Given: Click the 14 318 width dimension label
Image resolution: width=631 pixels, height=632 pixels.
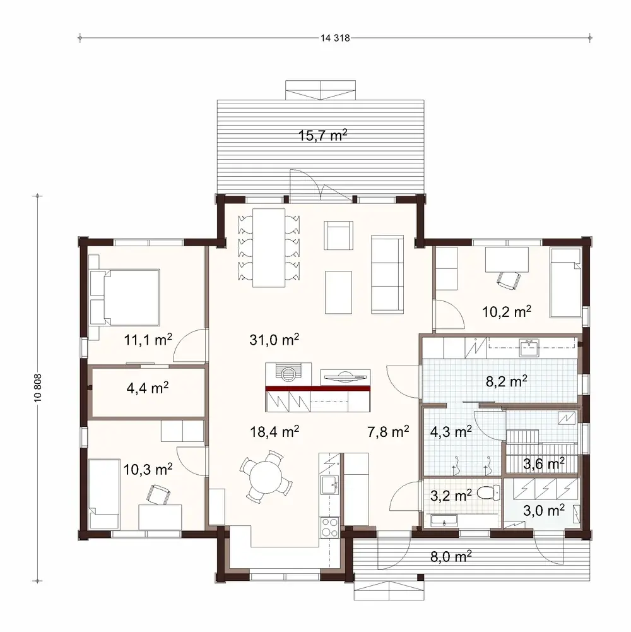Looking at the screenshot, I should [334, 38].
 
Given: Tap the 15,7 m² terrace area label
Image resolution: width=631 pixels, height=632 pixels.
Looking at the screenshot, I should [322, 134].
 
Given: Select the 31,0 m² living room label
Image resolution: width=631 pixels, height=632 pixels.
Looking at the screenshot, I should [273, 340].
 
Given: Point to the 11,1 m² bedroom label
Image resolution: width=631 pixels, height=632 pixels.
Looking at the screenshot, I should [148, 341].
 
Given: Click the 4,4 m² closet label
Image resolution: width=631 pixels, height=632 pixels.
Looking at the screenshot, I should [147, 388].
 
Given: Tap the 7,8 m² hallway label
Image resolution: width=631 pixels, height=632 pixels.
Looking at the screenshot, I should [388, 432].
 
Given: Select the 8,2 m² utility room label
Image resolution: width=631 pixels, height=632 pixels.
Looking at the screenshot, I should [507, 381].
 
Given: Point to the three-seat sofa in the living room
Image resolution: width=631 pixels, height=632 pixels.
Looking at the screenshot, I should [387, 274].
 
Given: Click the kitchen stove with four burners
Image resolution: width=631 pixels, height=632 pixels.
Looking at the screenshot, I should [330, 525].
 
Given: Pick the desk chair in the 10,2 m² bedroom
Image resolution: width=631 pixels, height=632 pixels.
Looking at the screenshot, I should [507, 278].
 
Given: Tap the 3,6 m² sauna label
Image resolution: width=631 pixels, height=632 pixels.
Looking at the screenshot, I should [544, 464].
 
